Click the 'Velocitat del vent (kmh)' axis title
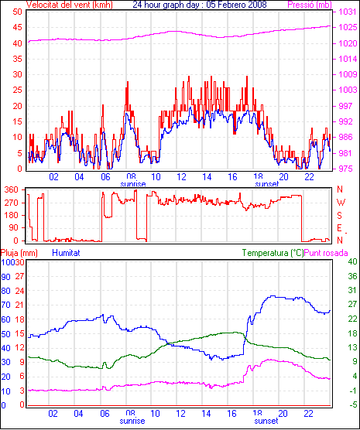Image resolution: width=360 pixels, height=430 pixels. click(x=69, y=5)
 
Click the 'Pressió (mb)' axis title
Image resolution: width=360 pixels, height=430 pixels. click(x=310, y=5)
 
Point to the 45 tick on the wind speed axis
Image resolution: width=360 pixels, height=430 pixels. click(x=18, y=27)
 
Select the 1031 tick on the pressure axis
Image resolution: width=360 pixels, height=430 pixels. click(x=348, y=12)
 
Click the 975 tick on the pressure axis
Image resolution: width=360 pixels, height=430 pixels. click(x=348, y=169)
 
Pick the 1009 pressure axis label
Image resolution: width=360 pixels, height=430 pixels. click(x=348, y=74)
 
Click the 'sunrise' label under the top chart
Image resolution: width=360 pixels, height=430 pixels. click(x=133, y=184)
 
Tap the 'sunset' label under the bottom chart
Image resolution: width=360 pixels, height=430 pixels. click(x=266, y=421)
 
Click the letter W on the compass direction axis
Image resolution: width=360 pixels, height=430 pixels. click(x=341, y=203)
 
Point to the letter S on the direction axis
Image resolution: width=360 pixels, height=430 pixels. click(x=339, y=216)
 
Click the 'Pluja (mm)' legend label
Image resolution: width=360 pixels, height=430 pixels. click(x=19, y=253)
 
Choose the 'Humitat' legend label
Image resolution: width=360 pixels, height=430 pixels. click(x=66, y=253)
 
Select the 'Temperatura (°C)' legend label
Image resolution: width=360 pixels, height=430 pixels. click(x=273, y=253)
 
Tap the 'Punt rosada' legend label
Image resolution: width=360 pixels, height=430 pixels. click(x=326, y=253)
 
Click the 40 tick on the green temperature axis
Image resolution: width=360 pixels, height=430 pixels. click(x=352, y=261)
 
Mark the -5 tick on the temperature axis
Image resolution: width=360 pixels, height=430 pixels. click(x=352, y=404)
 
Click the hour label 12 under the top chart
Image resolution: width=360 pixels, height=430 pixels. click(x=181, y=177)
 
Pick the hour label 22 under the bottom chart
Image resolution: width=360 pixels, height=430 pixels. click(x=309, y=413)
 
